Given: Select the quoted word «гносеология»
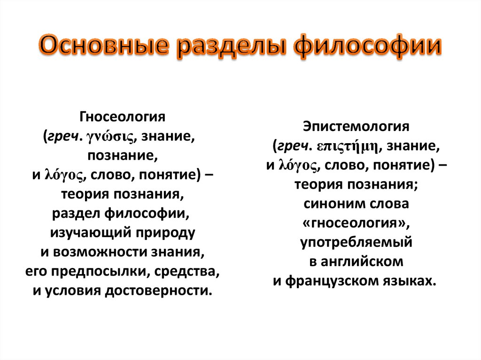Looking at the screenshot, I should click(x=357, y=223).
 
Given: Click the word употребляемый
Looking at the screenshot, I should click(x=357, y=243).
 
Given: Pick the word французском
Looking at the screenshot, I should click(x=333, y=281).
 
